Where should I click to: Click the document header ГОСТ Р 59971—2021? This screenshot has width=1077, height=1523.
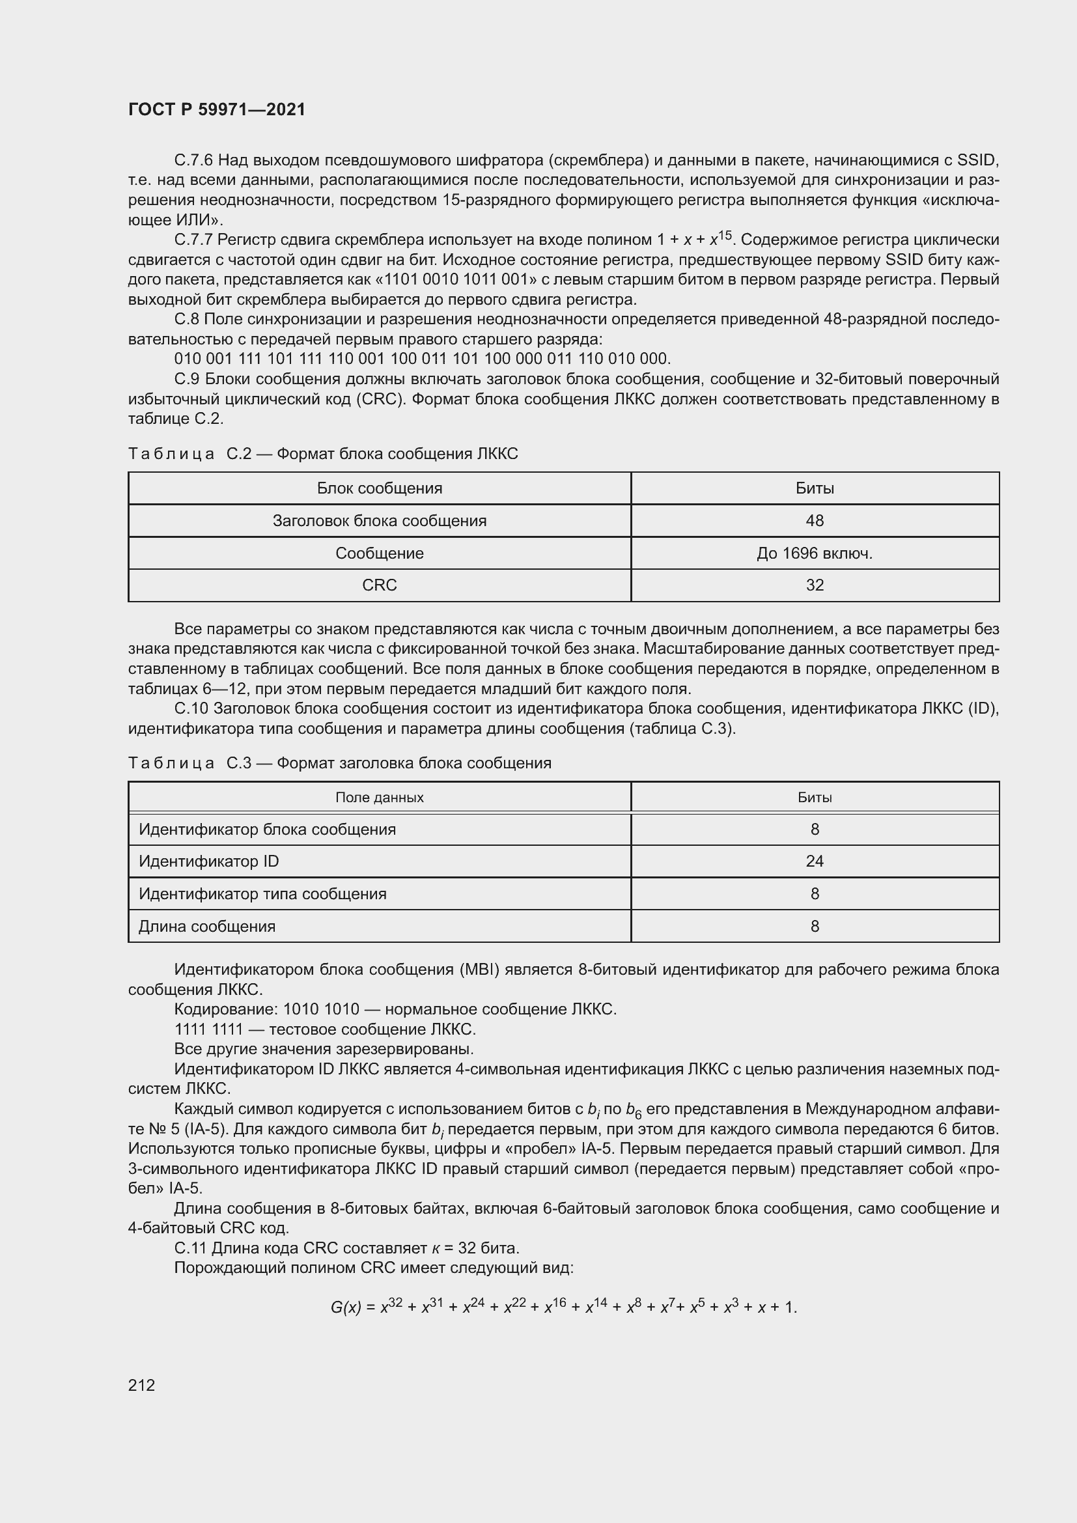click(x=217, y=109)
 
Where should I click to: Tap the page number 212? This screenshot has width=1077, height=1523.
click(x=141, y=1385)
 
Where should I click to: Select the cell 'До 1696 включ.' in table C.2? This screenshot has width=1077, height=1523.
click(x=815, y=553)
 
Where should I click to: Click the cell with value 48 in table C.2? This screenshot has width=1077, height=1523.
click(x=815, y=521)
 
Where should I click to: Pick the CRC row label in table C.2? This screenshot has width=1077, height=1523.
click(x=380, y=585)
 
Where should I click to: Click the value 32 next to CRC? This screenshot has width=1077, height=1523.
click(x=815, y=585)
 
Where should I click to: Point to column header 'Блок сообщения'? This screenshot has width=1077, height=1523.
click(x=380, y=488)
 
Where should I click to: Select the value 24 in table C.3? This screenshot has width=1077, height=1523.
click(x=815, y=861)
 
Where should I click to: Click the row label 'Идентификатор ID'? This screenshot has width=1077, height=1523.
click(x=209, y=861)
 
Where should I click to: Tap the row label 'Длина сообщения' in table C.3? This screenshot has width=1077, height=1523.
click(x=207, y=926)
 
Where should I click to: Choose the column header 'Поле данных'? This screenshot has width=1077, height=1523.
click(x=380, y=798)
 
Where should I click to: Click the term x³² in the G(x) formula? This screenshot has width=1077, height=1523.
click(x=391, y=1306)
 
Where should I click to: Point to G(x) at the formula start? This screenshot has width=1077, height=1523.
click(x=346, y=1307)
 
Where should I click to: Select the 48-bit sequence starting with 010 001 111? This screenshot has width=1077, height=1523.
click(x=423, y=359)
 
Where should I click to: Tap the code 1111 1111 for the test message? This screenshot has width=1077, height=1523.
click(x=208, y=1029)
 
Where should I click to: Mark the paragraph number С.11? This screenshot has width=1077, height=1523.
click(x=190, y=1248)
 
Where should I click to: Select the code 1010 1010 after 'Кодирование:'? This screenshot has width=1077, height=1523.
click(x=321, y=1010)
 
